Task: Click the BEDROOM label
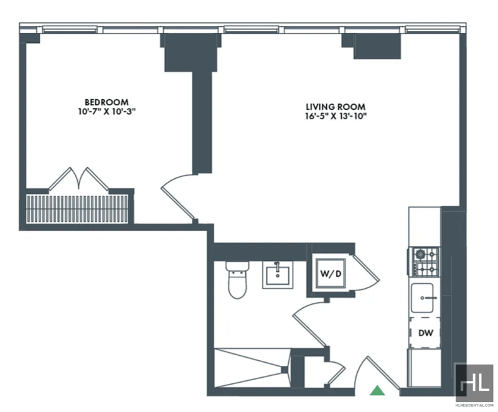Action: pyautogui.click(x=106, y=102)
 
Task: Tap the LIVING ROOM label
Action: pyautogui.click(x=336, y=107)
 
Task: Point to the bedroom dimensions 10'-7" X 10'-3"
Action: pyautogui.click(x=107, y=112)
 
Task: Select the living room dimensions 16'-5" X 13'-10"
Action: pyautogui.click(x=336, y=116)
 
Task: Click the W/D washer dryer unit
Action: pyautogui.click(x=331, y=274)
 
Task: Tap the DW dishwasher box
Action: pyautogui.click(x=425, y=333)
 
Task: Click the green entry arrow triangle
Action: pyautogui.click(x=377, y=390)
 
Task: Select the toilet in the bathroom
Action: pyautogui.click(x=237, y=280)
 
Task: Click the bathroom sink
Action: pyautogui.click(x=278, y=275)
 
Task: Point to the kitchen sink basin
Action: pyautogui.click(x=423, y=298)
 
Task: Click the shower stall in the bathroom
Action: pyautogui.click(x=252, y=368)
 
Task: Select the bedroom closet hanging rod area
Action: pyautogui.click(x=77, y=209)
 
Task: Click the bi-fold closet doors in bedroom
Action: pyautogui.click(x=79, y=180)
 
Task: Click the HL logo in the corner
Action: pyautogui.click(x=474, y=381)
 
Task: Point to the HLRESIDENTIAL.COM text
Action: pyautogui.click(x=474, y=405)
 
